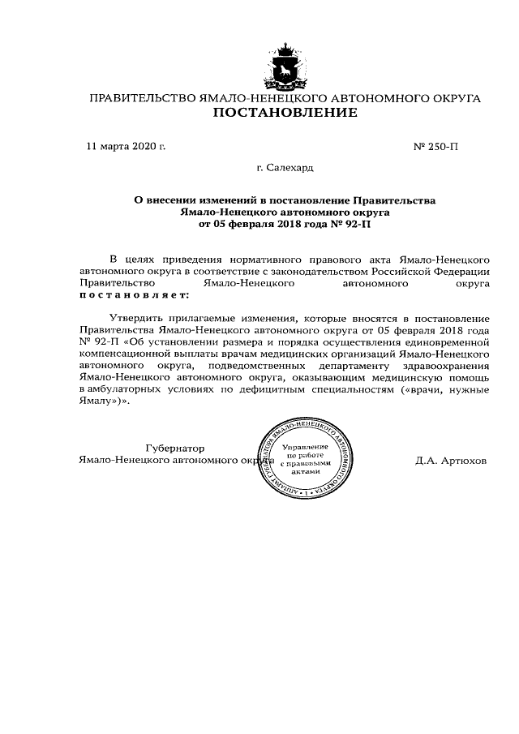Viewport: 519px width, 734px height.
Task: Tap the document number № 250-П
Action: [x=435, y=147]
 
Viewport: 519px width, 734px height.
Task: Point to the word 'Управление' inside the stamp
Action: [x=304, y=449]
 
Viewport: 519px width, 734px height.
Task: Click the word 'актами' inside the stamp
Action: [x=306, y=480]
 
